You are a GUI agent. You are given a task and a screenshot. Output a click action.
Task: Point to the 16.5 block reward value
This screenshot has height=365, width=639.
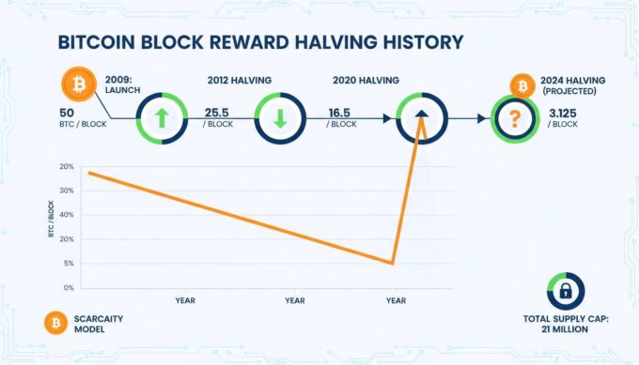339,113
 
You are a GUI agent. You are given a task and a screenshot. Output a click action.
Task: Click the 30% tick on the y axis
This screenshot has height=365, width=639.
66,190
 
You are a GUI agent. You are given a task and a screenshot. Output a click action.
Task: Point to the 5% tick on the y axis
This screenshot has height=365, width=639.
68,264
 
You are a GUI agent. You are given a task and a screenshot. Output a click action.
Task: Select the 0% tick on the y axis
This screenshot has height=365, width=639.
68,288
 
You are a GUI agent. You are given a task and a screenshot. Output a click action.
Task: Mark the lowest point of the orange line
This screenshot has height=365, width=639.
391,264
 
